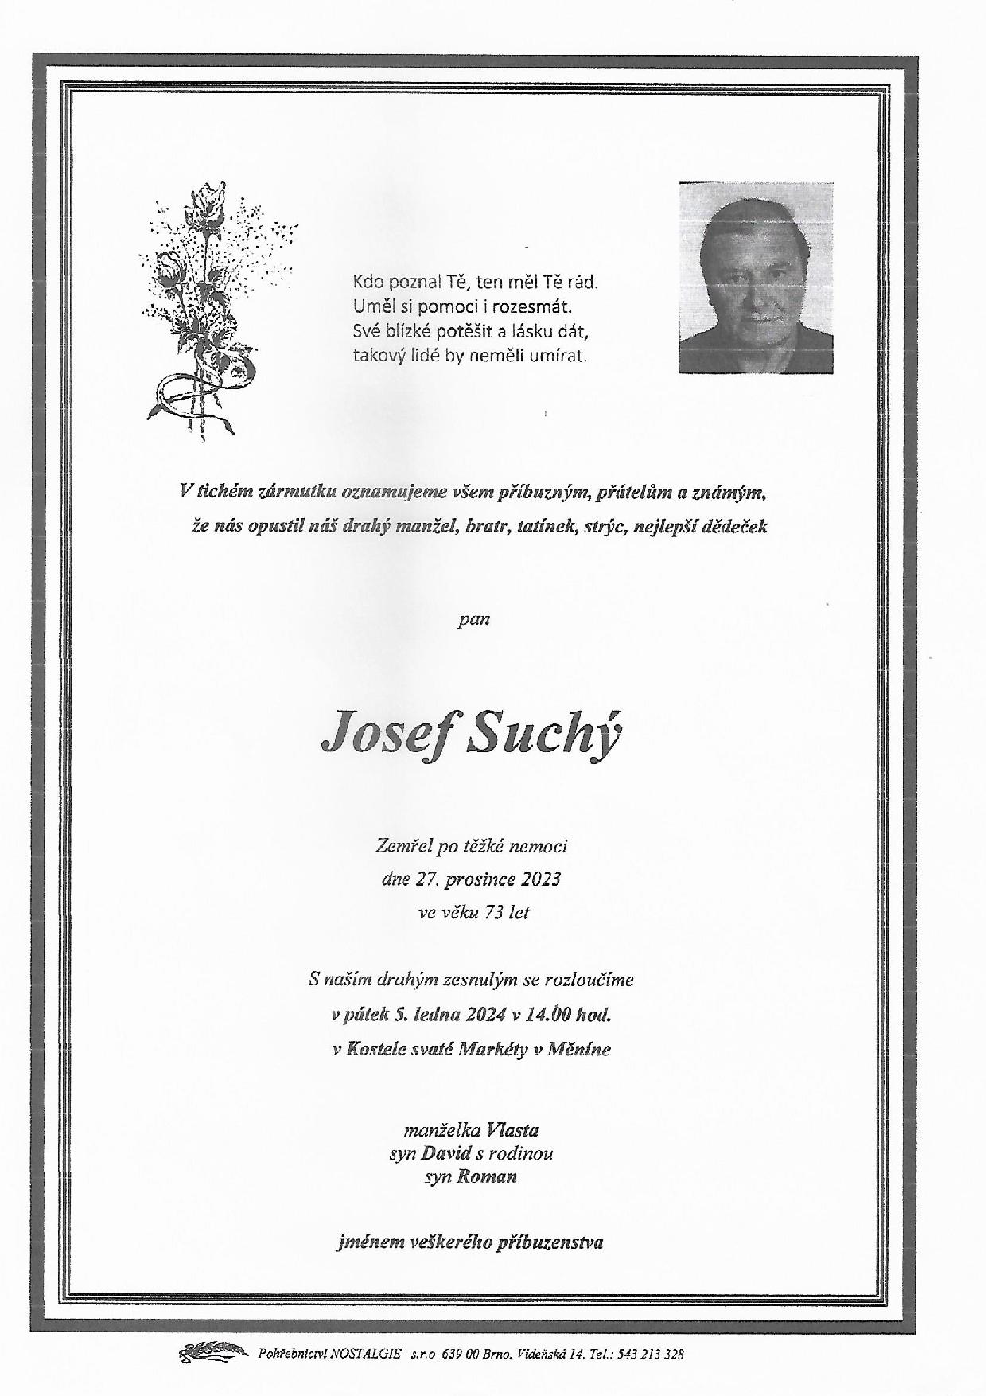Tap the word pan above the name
(x=473, y=618)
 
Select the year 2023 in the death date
(x=541, y=879)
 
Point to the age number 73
(x=494, y=912)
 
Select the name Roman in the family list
(x=487, y=1176)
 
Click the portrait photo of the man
(x=756, y=278)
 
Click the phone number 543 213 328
(x=652, y=1353)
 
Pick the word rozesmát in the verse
(x=539, y=306)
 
